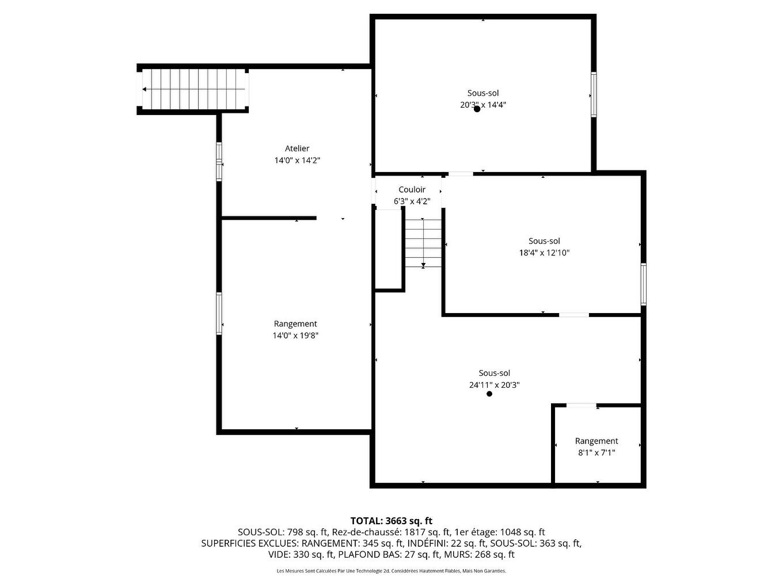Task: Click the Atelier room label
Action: point(297,148)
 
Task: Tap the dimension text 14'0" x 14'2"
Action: point(297,161)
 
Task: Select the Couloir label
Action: point(412,189)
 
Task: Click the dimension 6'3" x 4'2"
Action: point(412,201)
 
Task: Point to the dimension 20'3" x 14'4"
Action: point(483,105)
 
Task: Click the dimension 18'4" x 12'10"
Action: point(544,253)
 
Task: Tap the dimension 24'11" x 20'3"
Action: point(494,385)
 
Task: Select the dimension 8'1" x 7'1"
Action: point(596,453)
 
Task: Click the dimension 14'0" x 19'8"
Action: point(295,336)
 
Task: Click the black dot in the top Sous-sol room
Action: point(477,109)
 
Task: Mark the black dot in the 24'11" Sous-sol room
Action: point(489,394)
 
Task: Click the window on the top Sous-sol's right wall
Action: point(594,95)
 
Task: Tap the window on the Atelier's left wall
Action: point(219,162)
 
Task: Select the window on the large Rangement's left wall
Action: point(219,314)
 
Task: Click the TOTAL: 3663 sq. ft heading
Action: point(391,521)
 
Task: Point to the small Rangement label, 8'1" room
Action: point(596,441)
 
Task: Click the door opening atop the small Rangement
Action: point(581,406)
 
